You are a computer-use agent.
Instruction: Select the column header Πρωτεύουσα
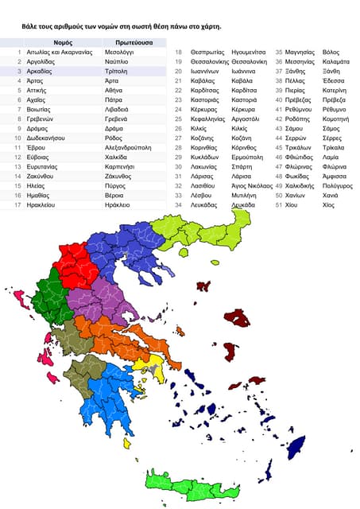coord(123,41)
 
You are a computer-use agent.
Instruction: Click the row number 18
coord(179,52)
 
